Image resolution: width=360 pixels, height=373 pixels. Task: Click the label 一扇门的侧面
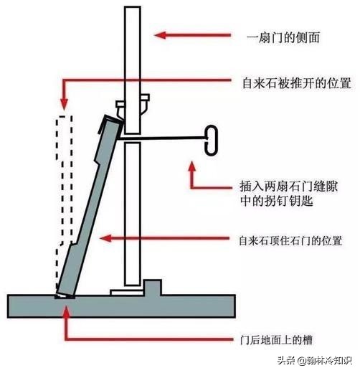(x=283, y=38)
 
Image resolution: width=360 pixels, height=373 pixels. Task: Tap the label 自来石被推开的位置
(x=297, y=83)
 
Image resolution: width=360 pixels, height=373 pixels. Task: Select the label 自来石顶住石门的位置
(x=290, y=240)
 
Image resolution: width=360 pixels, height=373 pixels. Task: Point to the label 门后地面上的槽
(x=276, y=340)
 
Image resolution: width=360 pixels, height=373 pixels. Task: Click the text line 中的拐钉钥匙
(x=277, y=201)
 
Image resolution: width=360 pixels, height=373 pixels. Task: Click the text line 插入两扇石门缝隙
(x=288, y=186)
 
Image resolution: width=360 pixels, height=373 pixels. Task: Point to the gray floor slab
(x=121, y=306)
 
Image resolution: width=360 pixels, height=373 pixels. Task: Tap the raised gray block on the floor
(x=153, y=288)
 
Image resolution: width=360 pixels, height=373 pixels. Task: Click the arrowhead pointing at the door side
(x=160, y=35)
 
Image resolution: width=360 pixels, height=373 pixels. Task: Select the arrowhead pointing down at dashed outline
(x=64, y=105)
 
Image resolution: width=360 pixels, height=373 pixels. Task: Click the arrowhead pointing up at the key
(x=192, y=166)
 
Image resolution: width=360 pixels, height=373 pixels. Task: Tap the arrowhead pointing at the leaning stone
(x=105, y=238)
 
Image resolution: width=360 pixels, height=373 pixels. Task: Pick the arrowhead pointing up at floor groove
(x=66, y=311)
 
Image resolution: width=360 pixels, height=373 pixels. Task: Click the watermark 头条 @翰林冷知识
(x=315, y=360)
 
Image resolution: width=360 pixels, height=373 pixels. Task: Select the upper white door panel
(x=133, y=70)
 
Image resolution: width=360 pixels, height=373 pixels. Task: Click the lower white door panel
(x=132, y=214)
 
